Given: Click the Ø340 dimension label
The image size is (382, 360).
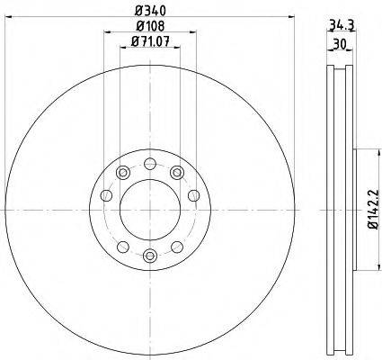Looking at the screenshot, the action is coord(150,11).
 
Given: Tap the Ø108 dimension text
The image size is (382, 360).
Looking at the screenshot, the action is coord(150,26).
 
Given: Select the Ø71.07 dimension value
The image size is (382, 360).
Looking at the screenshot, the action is coord(150,41).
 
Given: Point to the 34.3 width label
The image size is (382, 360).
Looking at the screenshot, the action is coord(342,25).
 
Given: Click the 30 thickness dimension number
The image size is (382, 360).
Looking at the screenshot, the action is coord(340,44).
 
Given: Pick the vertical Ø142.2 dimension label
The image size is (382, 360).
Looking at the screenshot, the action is coord(374,210).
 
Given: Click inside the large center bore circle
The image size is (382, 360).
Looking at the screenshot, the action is coord(150,210).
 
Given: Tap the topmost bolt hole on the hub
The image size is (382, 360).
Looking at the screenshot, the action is coord(150,164).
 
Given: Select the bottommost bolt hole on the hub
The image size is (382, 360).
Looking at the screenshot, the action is coord(150,256).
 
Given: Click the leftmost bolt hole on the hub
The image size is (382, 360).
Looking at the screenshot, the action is coord(106,195).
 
